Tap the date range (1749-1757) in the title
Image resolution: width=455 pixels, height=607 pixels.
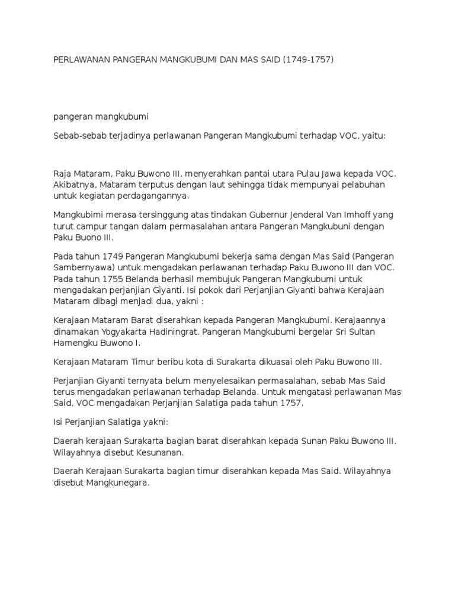pyautogui.click(x=309, y=60)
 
